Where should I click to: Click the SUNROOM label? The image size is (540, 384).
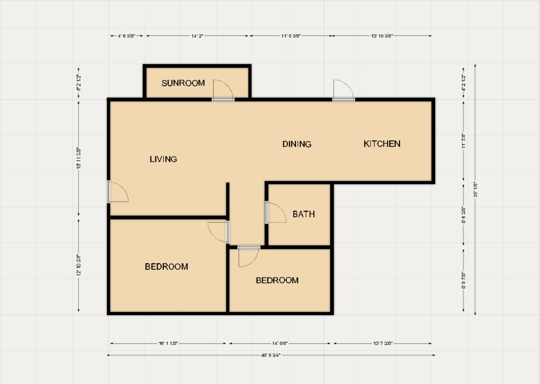pos(183,83)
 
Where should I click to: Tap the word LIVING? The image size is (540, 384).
pos(163,159)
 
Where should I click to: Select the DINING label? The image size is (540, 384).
pos(297,144)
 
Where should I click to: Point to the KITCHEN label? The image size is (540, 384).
pos(382,144)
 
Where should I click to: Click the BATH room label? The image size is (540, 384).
pos(303,214)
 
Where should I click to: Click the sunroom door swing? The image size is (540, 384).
pos(223,90)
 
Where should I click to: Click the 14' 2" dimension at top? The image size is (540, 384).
pos(197,36)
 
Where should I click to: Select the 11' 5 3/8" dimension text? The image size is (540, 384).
pos(290,36)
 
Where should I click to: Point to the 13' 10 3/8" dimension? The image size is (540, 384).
pos(382,36)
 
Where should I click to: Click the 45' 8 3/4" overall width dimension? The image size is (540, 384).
pos(271,355)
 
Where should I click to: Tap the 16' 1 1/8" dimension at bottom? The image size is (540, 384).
pos(168,343)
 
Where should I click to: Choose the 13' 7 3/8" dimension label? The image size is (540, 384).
pos(383,343)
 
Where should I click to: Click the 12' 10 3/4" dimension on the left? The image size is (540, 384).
pos(78,265)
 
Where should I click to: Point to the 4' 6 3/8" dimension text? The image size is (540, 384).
pos(127,36)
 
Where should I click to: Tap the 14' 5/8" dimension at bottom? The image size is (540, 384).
pos(280,343)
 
